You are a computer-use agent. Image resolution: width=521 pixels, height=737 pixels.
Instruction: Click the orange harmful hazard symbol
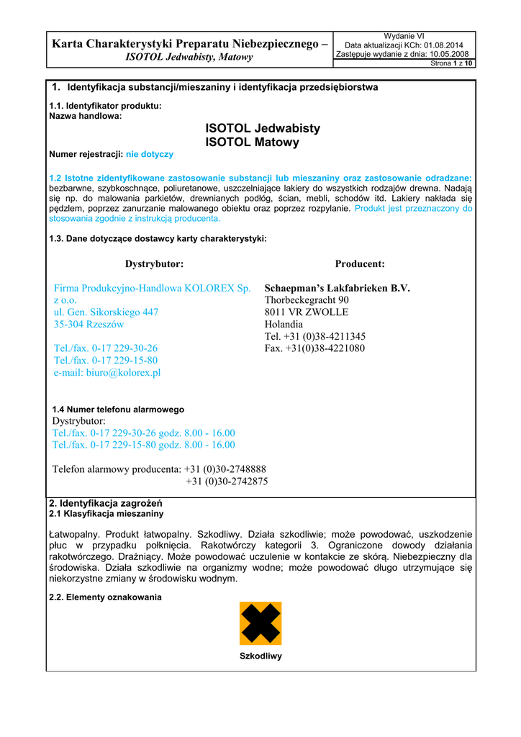point(260,623)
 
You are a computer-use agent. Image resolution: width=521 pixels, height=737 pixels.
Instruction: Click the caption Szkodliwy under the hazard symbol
point(260,656)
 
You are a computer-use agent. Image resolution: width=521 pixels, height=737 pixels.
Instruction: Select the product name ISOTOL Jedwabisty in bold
point(263,128)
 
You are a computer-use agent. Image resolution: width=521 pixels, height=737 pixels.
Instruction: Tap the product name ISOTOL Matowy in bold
point(252,143)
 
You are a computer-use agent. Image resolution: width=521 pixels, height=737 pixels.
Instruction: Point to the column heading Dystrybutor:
point(154,264)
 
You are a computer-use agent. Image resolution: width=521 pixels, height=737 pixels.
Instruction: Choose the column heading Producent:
point(360,264)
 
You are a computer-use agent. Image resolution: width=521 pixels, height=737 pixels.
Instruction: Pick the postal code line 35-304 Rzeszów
point(89,324)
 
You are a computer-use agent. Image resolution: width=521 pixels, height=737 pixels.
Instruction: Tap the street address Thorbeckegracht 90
point(307,299)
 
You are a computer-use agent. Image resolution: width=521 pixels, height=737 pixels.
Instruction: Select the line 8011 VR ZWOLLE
point(307,312)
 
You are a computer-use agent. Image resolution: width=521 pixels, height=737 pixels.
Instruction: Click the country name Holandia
point(284,324)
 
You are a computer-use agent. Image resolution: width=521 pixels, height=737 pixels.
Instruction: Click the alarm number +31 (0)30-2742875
point(227,481)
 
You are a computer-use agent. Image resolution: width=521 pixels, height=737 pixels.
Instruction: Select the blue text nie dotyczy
point(150,154)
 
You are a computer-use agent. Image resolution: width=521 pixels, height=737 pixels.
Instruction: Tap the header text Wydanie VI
point(404,36)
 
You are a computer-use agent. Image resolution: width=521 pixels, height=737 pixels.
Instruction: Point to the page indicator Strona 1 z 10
point(451,63)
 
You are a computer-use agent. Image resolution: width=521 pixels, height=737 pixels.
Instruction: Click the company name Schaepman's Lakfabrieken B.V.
point(337,288)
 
